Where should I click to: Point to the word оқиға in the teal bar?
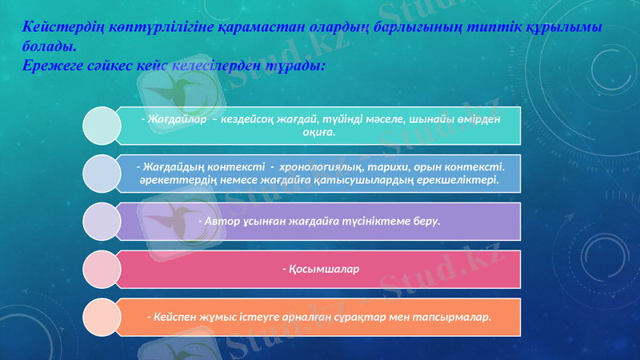click(x=318, y=133)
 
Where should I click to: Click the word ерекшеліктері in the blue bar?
click(x=455, y=180)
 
